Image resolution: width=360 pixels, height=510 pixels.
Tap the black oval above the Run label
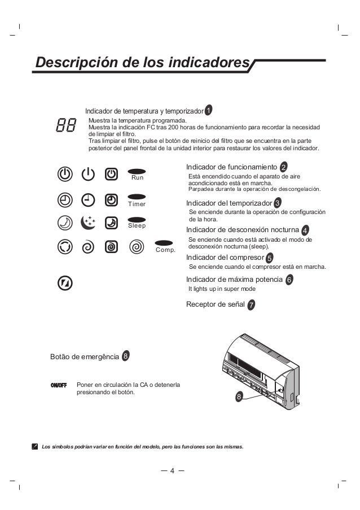(x=138, y=170)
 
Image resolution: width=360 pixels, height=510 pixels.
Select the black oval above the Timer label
(x=138, y=197)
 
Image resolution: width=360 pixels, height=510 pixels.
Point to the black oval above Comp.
(x=165, y=242)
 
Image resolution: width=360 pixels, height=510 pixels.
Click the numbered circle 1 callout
(x=208, y=109)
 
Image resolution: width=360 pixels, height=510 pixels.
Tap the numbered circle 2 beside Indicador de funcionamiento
(x=283, y=166)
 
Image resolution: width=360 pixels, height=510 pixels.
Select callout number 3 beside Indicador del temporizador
(x=278, y=202)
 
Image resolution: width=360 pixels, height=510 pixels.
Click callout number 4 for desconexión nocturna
(x=305, y=230)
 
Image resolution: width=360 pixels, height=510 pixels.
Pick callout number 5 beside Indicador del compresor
(x=269, y=258)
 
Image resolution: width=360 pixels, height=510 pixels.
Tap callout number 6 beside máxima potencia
(x=289, y=280)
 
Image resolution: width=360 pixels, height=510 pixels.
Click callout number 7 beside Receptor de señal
(x=251, y=305)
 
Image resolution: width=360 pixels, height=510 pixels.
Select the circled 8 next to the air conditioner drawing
(x=239, y=397)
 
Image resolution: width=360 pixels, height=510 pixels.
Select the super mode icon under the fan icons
(x=65, y=282)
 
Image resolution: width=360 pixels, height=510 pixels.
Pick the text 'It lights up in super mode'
(x=222, y=289)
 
